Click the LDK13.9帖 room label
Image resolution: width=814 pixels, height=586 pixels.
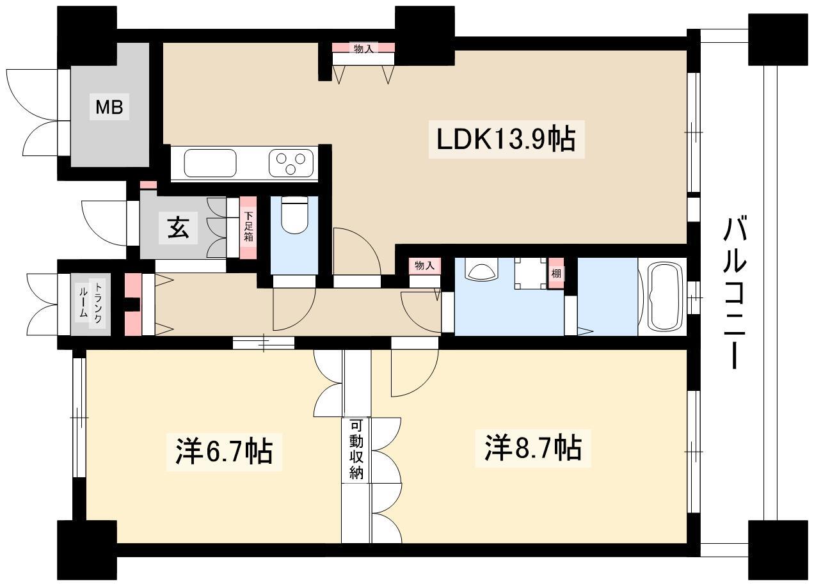pyautogui.click(x=506, y=140)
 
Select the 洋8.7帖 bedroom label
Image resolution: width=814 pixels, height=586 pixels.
pyautogui.click(x=533, y=448)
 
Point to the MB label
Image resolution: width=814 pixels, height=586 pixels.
pyautogui.click(x=109, y=107)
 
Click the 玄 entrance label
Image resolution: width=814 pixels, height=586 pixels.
pyautogui.click(x=178, y=228)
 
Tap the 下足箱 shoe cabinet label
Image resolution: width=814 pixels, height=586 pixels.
pyautogui.click(x=248, y=226)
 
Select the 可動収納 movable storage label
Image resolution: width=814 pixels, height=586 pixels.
pyautogui.click(x=356, y=449)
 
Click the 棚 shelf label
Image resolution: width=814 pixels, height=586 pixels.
pyautogui.click(x=556, y=274)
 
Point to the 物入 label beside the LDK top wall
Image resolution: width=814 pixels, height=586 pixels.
pyautogui.click(x=363, y=49)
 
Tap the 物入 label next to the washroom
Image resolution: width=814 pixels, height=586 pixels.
pyautogui.click(x=424, y=265)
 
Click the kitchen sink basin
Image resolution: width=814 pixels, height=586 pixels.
pyautogui.click(x=210, y=163)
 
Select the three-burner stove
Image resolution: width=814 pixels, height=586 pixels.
pyautogui.click(x=291, y=164)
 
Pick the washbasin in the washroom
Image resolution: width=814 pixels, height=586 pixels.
pyautogui.click(x=482, y=272)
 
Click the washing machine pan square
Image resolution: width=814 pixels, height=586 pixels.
pyautogui.click(x=531, y=274)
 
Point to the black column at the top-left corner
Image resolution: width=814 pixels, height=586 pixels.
pyautogui.click(x=87, y=36)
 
